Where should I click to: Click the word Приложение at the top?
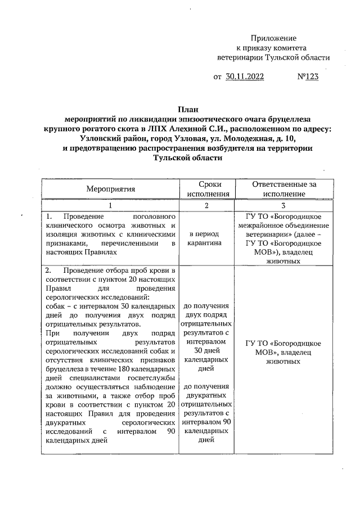(273, 37)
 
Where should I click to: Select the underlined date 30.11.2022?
(245, 77)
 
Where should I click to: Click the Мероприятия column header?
(110, 189)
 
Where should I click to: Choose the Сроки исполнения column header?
(206, 189)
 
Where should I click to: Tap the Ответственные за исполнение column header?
(284, 189)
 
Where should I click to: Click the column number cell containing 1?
(110, 205)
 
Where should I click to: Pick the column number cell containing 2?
(206, 205)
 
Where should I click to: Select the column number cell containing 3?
(284, 205)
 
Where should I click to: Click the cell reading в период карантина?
(206, 238)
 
